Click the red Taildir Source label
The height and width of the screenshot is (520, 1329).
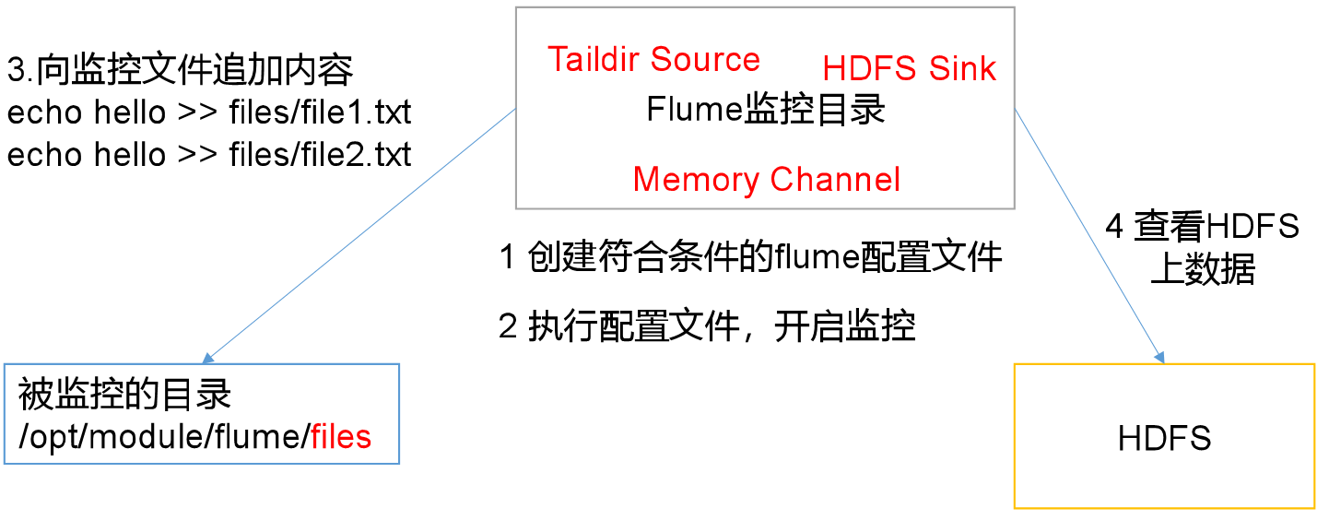click(653, 60)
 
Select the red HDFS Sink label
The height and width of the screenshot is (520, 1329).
click(910, 69)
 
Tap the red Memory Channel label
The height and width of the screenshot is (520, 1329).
click(767, 180)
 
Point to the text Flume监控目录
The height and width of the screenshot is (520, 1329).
click(766, 110)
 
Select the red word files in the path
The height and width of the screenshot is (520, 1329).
click(341, 436)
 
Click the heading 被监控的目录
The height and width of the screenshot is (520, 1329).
click(124, 395)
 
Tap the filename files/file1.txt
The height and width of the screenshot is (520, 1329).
click(320, 113)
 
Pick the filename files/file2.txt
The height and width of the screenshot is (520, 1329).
click(320, 155)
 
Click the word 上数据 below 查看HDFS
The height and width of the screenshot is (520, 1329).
click(1203, 271)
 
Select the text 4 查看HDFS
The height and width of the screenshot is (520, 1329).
click(1202, 227)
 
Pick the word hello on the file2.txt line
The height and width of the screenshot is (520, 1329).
click(130, 155)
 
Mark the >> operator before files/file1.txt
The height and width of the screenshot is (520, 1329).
click(197, 113)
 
